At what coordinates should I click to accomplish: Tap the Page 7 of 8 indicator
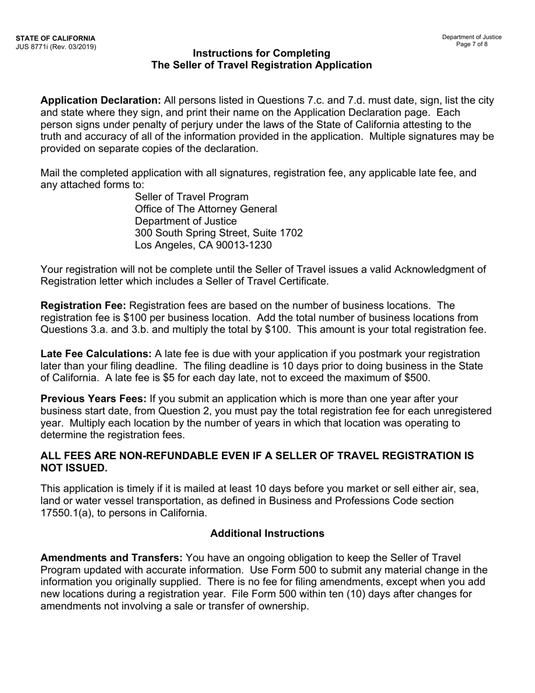pyautogui.click(x=472, y=45)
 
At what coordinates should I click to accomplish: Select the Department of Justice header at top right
pyautogui.click(x=472, y=37)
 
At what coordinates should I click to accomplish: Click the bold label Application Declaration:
pyautogui.click(x=101, y=100)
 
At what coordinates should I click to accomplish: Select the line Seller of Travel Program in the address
pyautogui.click(x=191, y=197)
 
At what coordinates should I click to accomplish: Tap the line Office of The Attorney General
pyautogui.click(x=206, y=209)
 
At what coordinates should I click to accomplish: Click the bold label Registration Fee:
pyautogui.click(x=83, y=305)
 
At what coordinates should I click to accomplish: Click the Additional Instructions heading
pyautogui.click(x=267, y=533)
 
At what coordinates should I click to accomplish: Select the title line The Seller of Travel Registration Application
pyautogui.click(x=262, y=65)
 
